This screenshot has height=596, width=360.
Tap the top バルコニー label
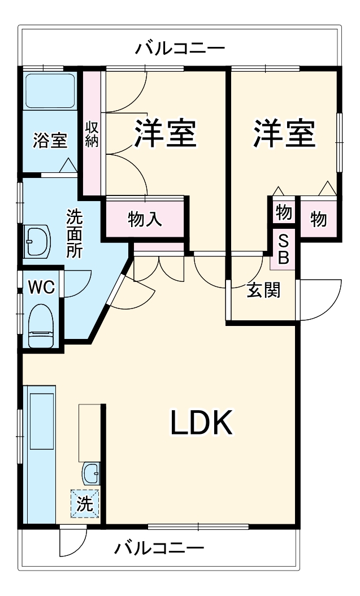[x=180, y=49]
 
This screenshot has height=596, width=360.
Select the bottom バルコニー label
[x=159, y=548]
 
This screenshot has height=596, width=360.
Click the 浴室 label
[x=50, y=140]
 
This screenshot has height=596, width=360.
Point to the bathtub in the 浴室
[x=50, y=90]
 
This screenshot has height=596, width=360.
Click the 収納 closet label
[x=92, y=134]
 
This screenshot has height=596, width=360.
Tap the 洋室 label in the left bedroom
[x=165, y=133]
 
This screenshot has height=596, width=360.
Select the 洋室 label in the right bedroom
[x=284, y=133]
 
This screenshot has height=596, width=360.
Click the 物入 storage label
[x=145, y=219]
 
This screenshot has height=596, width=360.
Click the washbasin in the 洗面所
[x=37, y=241]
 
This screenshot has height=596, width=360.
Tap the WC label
[x=41, y=287]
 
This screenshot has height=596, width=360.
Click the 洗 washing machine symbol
[x=85, y=503]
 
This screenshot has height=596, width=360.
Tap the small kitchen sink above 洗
[x=90, y=473]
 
